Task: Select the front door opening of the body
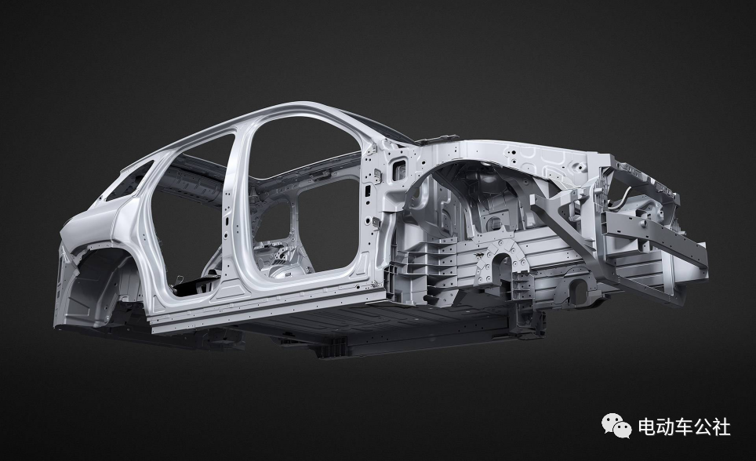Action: (303, 202)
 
